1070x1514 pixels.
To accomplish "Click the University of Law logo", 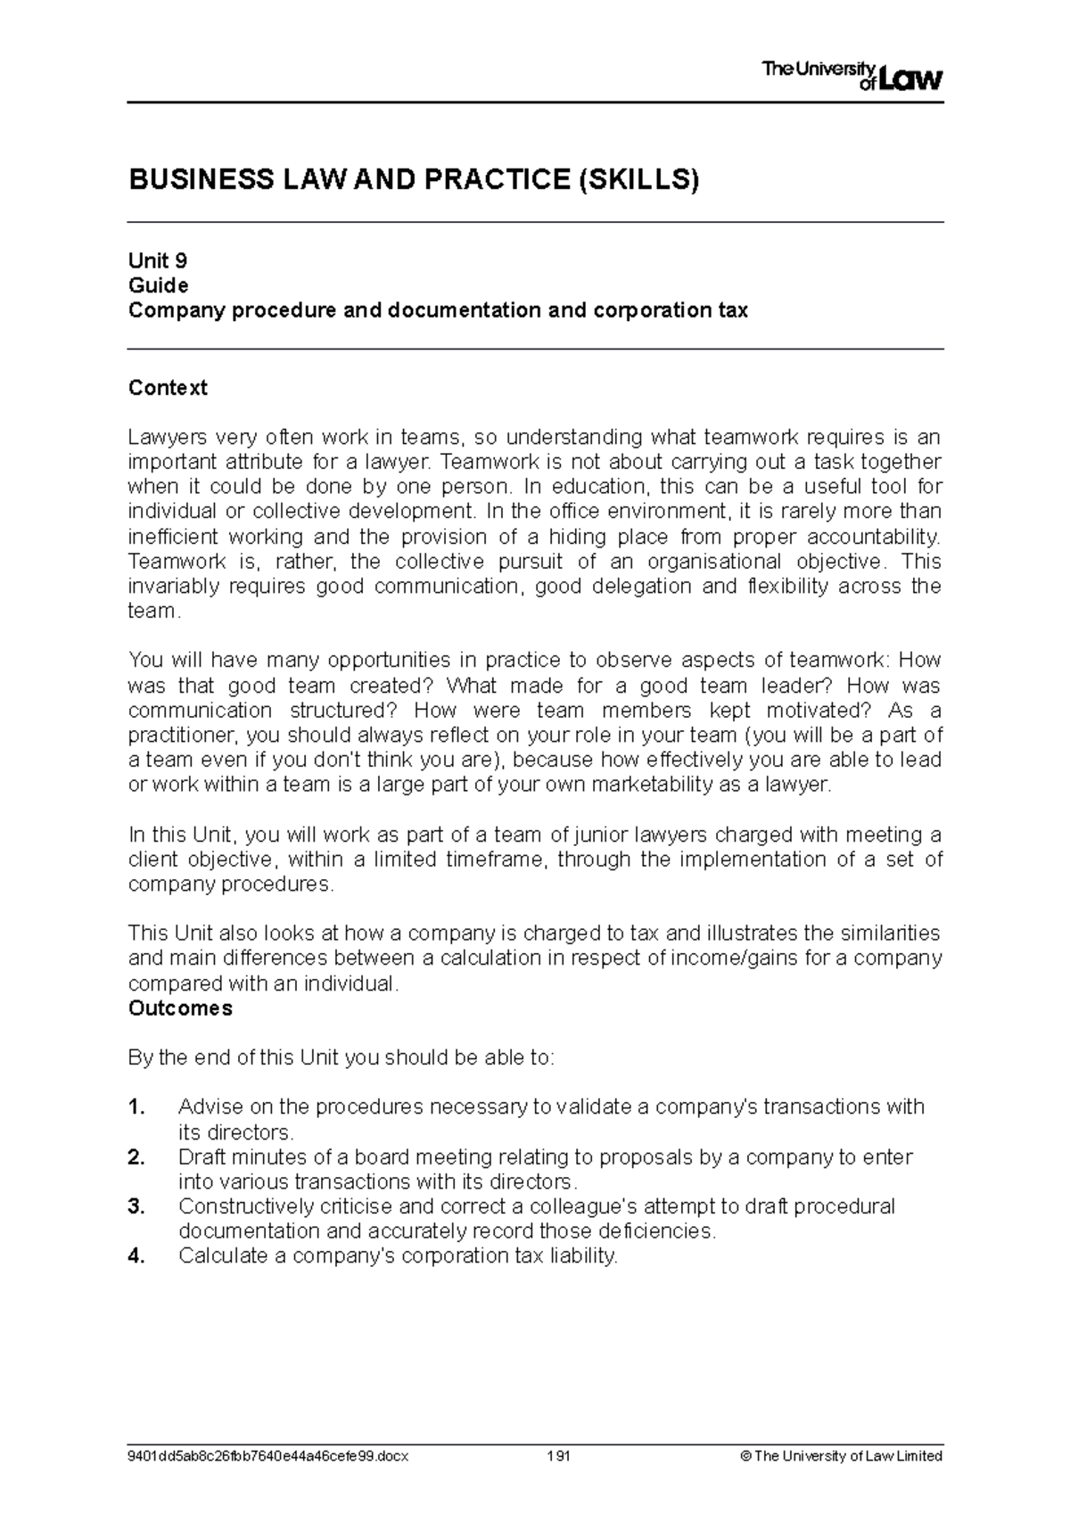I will click(x=852, y=76).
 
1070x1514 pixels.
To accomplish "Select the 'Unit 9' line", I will click(x=158, y=260).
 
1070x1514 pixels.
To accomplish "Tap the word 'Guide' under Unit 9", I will click(x=158, y=285).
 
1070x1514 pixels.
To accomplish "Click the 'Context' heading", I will click(x=168, y=388).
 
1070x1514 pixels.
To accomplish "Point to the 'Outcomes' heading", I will click(x=180, y=1008).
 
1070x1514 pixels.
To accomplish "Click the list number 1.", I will click(x=136, y=1107).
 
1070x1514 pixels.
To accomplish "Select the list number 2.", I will click(x=136, y=1157).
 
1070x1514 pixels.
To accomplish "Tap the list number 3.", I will click(x=136, y=1206).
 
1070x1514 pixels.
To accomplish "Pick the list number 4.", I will click(x=136, y=1256).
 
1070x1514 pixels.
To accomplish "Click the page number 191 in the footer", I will click(x=559, y=1456).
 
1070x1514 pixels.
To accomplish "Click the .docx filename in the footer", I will click(x=268, y=1456).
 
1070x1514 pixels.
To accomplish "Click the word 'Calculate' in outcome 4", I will click(x=219, y=1256).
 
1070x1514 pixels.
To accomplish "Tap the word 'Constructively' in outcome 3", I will click(x=238, y=1206).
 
